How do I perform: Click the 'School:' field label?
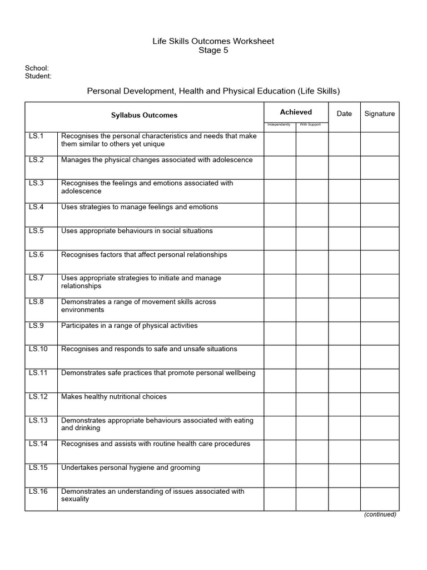(37, 68)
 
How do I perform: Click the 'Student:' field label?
(38, 76)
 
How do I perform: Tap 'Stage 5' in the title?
(213, 51)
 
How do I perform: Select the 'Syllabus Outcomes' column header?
(144, 115)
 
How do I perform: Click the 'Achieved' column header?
(296, 112)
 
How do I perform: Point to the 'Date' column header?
(344, 114)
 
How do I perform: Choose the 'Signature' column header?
(380, 114)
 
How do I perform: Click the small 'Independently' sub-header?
(279, 125)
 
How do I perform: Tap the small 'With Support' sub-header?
(311, 125)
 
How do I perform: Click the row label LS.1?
(36, 136)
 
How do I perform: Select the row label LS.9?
(36, 326)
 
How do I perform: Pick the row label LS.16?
(38, 492)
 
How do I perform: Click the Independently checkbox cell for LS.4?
(280, 215)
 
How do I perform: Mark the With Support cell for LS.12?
(312, 405)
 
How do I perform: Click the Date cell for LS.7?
(344, 286)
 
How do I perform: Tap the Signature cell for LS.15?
(380, 475)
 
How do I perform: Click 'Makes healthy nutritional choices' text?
(114, 397)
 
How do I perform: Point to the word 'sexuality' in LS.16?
(75, 499)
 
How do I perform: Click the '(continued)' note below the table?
(380, 514)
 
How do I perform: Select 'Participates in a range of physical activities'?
(129, 326)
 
